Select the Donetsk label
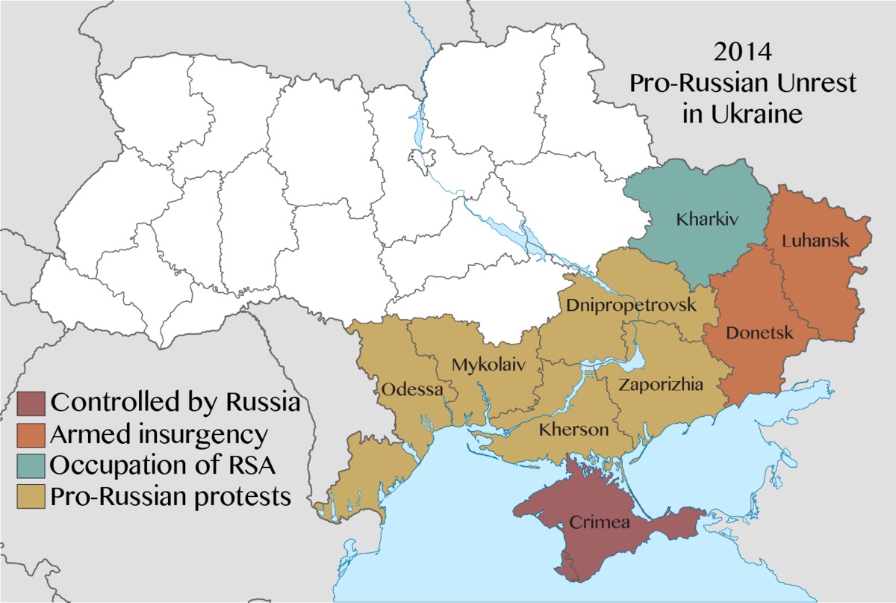[759, 333]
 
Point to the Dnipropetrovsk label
[631, 306]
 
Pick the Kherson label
[573, 430]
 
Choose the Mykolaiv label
[489, 365]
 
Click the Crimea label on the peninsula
[600, 522]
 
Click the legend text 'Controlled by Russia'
[175, 403]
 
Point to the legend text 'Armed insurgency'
[158, 434]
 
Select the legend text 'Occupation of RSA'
[163, 465]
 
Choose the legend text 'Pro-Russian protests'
[171, 496]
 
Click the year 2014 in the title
[742, 54]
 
